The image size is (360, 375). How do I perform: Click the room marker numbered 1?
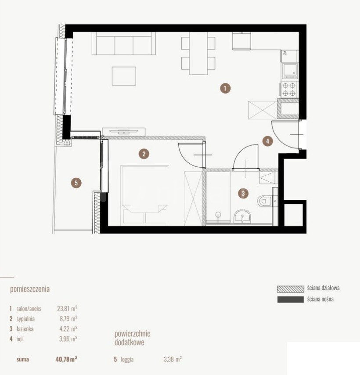pyautogui.click(x=225, y=88)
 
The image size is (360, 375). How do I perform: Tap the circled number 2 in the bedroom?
pyautogui.click(x=144, y=154)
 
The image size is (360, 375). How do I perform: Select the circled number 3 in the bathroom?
pyautogui.click(x=243, y=193)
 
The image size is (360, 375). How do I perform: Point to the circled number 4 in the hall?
pyautogui.click(x=267, y=141)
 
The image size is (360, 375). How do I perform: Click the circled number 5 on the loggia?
pyautogui.click(x=76, y=183)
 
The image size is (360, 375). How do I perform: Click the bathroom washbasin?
pyautogui.click(x=243, y=216)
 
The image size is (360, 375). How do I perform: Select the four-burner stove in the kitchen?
pyautogui.click(x=289, y=90)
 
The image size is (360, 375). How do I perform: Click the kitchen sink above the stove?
pyautogui.click(x=290, y=71)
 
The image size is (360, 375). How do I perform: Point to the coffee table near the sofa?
pyautogui.click(x=124, y=76)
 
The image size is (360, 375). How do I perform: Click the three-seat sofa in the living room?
pyautogui.click(x=124, y=44)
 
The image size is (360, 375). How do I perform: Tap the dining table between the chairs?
pyautogui.click(x=198, y=53)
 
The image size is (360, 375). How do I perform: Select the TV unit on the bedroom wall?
pyautogui.click(x=124, y=132)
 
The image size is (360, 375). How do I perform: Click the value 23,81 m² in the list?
pyautogui.click(x=67, y=309)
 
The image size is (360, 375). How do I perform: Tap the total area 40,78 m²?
pyautogui.click(x=66, y=359)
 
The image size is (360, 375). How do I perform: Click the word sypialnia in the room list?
pyautogui.click(x=25, y=319)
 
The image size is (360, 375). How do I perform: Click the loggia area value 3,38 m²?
pyautogui.click(x=173, y=359)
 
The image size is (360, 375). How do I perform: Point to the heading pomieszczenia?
pyautogui.click(x=30, y=289)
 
